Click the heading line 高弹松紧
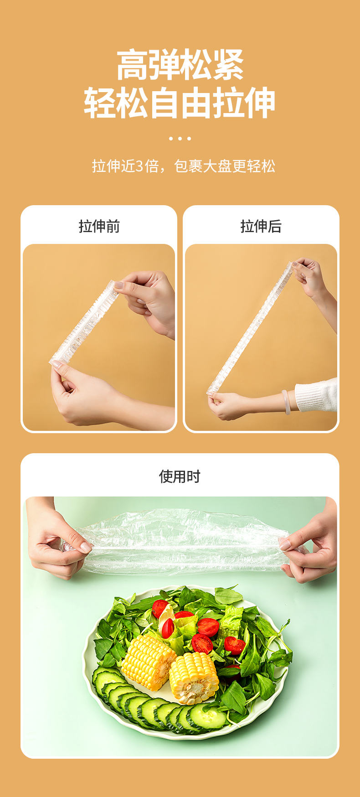click(180, 65)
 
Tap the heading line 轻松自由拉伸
click(180, 103)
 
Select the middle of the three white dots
click(180, 138)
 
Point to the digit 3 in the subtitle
click(139, 166)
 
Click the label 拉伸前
click(99, 226)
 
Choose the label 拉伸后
click(261, 226)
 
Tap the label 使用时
click(180, 476)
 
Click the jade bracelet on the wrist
click(286, 402)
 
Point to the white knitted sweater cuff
click(316, 395)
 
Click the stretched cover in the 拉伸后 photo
click(250, 327)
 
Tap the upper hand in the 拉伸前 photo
click(146, 301)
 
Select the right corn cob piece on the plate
click(195, 678)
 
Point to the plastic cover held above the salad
click(182, 543)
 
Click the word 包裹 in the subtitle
click(188, 166)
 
